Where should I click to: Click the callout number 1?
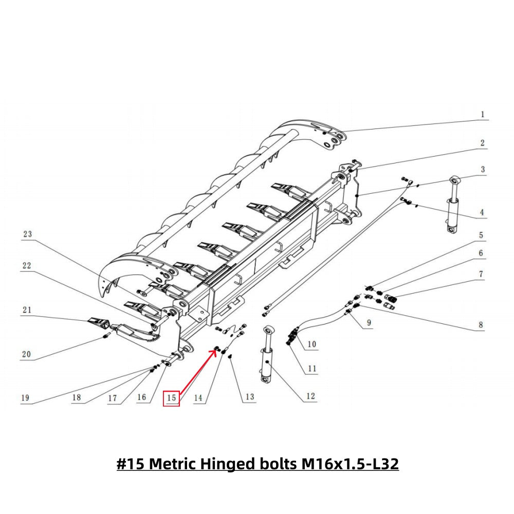[x=482, y=114]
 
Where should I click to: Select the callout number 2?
[x=482, y=143]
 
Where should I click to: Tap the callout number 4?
[x=482, y=212]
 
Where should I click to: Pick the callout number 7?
[x=481, y=274]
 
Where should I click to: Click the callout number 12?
[x=310, y=396]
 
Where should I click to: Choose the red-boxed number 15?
[x=172, y=397]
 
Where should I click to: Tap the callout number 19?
[x=25, y=397]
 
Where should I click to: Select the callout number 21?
[x=27, y=309]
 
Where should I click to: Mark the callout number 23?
[x=27, y=234]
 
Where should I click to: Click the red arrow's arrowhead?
[x=213, y=351]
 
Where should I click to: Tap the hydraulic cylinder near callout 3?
[x=453, y=206]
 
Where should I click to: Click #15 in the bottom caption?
[x=131, y=464]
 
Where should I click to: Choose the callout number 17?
[x=113, y=397]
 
